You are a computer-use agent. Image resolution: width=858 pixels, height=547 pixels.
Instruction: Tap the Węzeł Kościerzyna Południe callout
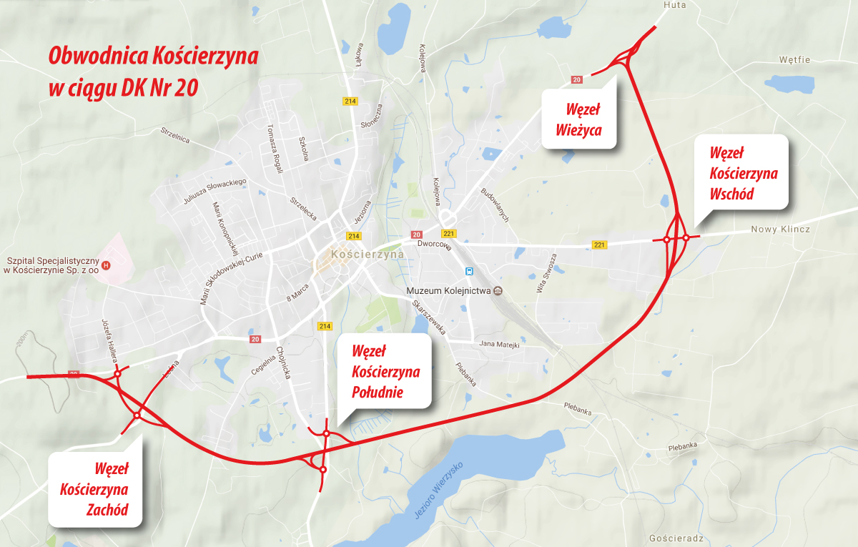385,371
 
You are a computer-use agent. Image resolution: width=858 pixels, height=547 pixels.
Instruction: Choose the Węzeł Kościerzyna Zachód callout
94,490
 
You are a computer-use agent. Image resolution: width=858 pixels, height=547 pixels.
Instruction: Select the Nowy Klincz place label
780,230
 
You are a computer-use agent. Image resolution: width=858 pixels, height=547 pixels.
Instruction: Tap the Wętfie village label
795,60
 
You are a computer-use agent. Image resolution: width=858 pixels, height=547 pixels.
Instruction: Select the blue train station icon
469,272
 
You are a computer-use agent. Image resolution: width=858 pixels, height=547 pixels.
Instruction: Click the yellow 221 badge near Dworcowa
449,234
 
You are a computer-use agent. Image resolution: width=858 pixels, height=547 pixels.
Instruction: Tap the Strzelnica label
175,135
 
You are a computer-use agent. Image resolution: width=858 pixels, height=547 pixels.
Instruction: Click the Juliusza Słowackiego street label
215,192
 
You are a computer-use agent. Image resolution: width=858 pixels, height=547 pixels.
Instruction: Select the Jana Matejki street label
498,345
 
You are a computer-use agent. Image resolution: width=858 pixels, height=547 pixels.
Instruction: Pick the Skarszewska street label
429,317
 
